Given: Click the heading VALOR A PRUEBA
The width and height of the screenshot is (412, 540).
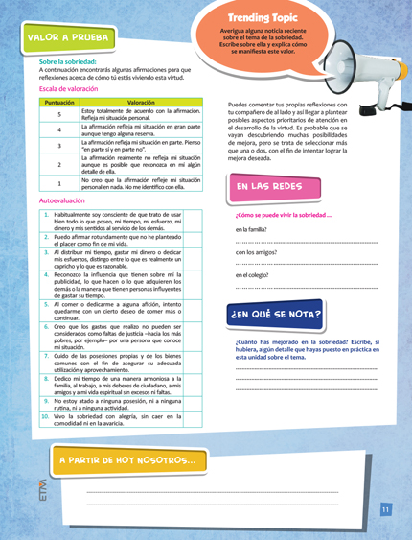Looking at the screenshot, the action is [x=67, y=38].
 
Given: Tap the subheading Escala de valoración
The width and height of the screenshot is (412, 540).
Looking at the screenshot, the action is [x=71, y=90].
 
